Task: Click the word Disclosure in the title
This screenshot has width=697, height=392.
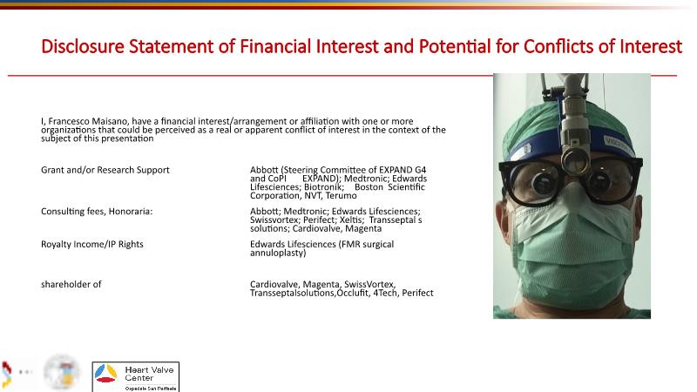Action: [83, 46]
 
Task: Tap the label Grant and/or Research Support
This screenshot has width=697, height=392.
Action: [105, 170]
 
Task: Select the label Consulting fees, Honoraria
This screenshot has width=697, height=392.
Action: [97, 212]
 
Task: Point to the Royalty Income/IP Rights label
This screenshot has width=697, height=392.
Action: [92, 245]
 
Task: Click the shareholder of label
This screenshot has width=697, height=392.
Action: [71, 285]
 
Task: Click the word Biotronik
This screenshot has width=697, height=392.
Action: [324, 187]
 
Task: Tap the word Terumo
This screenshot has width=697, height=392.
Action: [341, 195]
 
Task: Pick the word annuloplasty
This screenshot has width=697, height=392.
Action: [278, 253]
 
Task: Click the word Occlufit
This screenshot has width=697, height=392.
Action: [353, 293]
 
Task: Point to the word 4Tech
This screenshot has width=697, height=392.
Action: [385, 293]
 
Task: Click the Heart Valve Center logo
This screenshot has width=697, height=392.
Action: [136, 377]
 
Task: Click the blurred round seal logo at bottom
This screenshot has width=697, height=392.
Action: [62, 373]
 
